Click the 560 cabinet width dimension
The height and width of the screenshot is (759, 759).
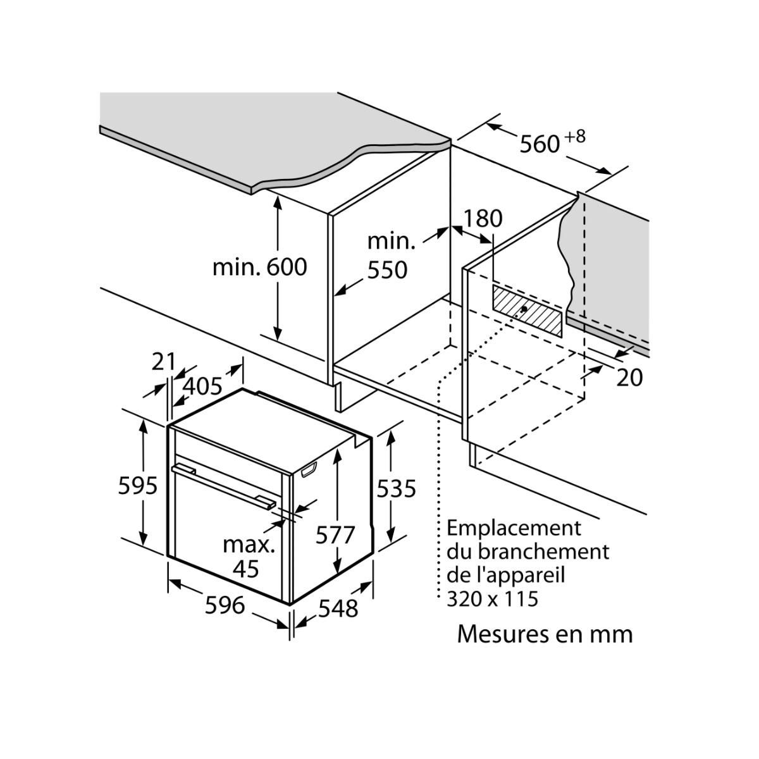tap(540, 144)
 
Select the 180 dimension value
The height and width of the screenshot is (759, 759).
tap(483, 218)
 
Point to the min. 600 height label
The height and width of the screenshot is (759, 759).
tap(259, 267)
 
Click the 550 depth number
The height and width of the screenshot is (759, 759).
tap(387, 270)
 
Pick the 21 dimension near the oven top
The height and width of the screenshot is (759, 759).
tap(163, 361)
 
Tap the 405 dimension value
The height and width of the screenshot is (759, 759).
tap(202, 385)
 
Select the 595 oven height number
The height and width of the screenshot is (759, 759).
tap(138, 486)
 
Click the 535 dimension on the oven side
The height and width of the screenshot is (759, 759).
tap(397, 488)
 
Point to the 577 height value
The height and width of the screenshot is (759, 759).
tap(335, 535)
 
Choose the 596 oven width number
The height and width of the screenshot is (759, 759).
tap(225, 605)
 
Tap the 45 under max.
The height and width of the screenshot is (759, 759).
tap(245, 569)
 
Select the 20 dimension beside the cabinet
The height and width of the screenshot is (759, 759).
tap(629, 378)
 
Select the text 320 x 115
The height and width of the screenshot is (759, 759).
tap(492, 598)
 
